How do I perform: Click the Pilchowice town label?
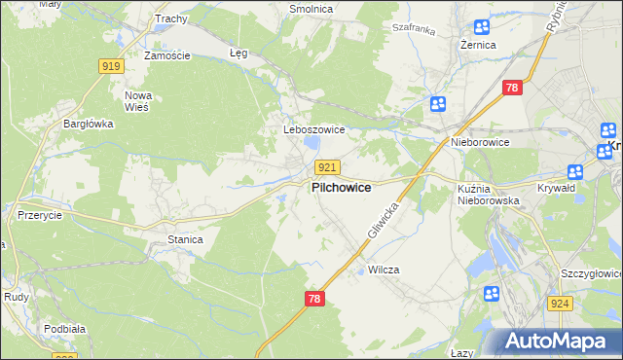[x=341, y=187]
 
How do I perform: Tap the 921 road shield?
[x=327, y=168]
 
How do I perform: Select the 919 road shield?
[x=110, y=65]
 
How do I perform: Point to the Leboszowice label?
[x=309, y=129]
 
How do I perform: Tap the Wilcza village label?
[x=384, y=270]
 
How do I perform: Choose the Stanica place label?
[x=185, y=238]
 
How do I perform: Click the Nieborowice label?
[x=480, y=142]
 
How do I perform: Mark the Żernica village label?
[x=478, y=45]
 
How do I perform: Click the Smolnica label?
[x=311, y=9]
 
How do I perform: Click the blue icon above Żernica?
[x=481, y=27]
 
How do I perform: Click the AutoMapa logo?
[x=560, y=341]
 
